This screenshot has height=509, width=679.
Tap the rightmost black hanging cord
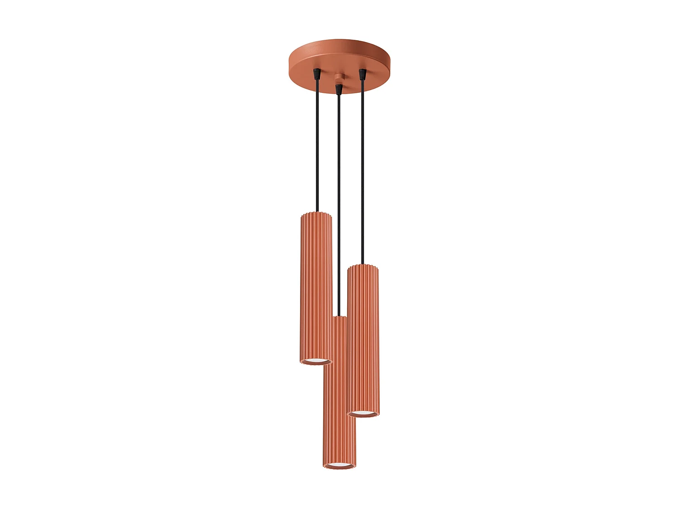coord(362,172)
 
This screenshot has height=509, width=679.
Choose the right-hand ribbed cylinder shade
coord(363,339)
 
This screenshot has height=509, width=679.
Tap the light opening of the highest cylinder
coord(316,361)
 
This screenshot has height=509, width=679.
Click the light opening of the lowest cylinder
coord(339,465)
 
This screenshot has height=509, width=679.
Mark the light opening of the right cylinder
coord(363,413)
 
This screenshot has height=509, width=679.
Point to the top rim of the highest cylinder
coord(316,214)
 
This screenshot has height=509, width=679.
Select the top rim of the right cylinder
coord(363,266)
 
